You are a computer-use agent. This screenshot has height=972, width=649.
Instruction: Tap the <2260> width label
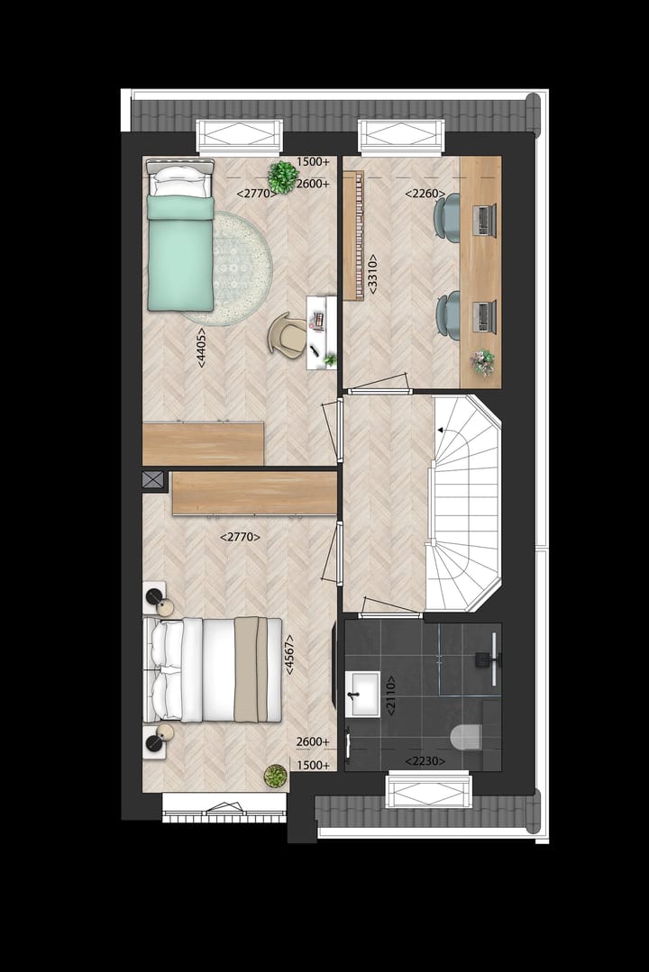click(422, 193)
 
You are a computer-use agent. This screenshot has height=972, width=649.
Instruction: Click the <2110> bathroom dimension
click(390, 695)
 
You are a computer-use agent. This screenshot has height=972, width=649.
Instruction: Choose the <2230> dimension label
click(423, 761)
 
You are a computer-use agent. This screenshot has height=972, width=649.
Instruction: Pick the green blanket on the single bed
click(180, 254)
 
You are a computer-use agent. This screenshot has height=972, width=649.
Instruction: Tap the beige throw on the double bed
click(246, 668)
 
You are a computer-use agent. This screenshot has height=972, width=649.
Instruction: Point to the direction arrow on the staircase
click(442, 431)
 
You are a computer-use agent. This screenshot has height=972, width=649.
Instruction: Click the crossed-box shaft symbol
click(153, 479)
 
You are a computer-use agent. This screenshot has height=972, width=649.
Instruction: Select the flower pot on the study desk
click(483, 361)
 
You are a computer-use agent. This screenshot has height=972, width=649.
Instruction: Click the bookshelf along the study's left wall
click(352, 236)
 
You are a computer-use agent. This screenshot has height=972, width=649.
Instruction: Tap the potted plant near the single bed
click(283, 176)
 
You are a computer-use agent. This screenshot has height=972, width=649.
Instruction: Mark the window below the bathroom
click(428, 790)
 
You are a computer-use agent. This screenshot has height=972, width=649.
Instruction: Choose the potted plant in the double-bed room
click(275, 776)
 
